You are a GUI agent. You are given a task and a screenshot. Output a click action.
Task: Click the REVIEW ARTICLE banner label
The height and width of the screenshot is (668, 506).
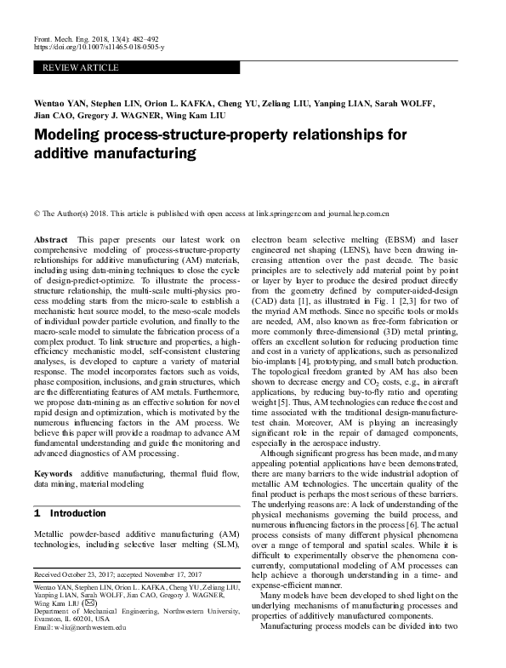pyautogui.click(x=63, y=64)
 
